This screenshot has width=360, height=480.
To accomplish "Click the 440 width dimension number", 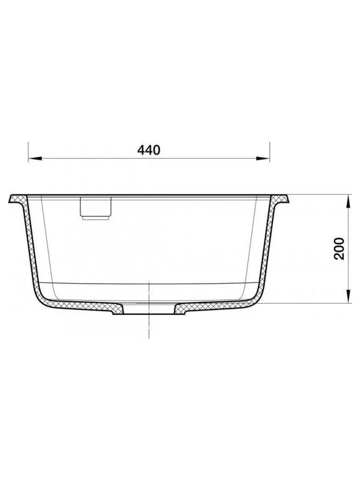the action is [x=149, y=150].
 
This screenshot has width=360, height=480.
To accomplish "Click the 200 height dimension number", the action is [x=338, y=249].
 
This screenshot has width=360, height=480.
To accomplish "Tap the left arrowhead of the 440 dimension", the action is [x=35, y=158].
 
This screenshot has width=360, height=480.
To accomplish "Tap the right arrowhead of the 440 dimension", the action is [x=263, y=158].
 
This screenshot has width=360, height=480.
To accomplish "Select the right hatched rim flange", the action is [x=280, y=199].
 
